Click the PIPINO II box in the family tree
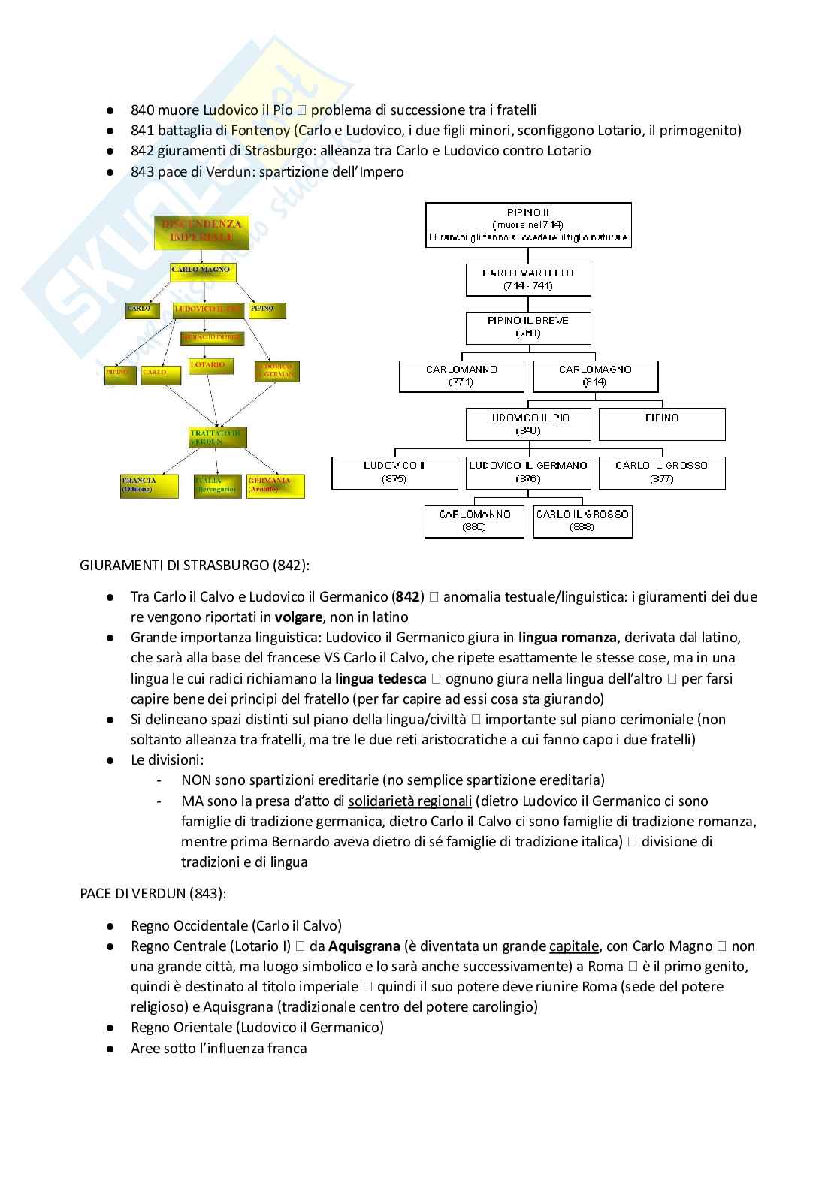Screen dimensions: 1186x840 point(528,225)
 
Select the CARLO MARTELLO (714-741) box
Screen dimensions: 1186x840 point(528,279)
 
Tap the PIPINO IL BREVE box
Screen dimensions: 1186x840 point(528,327)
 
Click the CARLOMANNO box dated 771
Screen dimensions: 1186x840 point(461,376)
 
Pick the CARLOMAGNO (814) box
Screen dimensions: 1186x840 point(595,376)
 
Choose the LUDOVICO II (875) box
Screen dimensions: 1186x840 point(394,472)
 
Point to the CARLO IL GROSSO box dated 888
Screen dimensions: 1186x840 point(582,521)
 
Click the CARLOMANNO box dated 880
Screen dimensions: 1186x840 point(474,521)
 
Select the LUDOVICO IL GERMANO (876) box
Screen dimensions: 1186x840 point(528,472)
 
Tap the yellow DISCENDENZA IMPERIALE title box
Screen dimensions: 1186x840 point(201,231)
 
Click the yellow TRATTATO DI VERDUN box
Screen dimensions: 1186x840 point(217,437)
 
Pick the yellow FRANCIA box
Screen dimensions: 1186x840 point(150,485)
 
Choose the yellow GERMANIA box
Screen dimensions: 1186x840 point(276,485)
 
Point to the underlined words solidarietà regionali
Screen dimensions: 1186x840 point(409,801)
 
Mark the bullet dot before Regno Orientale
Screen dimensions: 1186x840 point(110,1028)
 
